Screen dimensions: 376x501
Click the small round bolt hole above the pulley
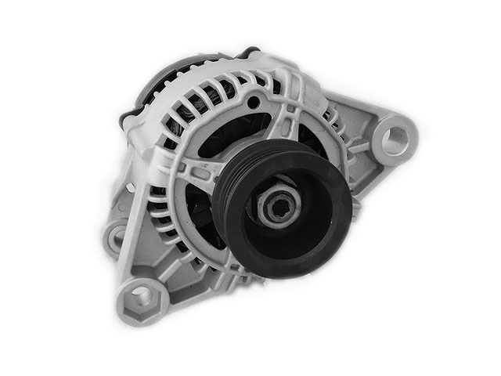click(x=253, y=103)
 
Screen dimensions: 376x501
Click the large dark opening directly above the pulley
click(x=243, y=133)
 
